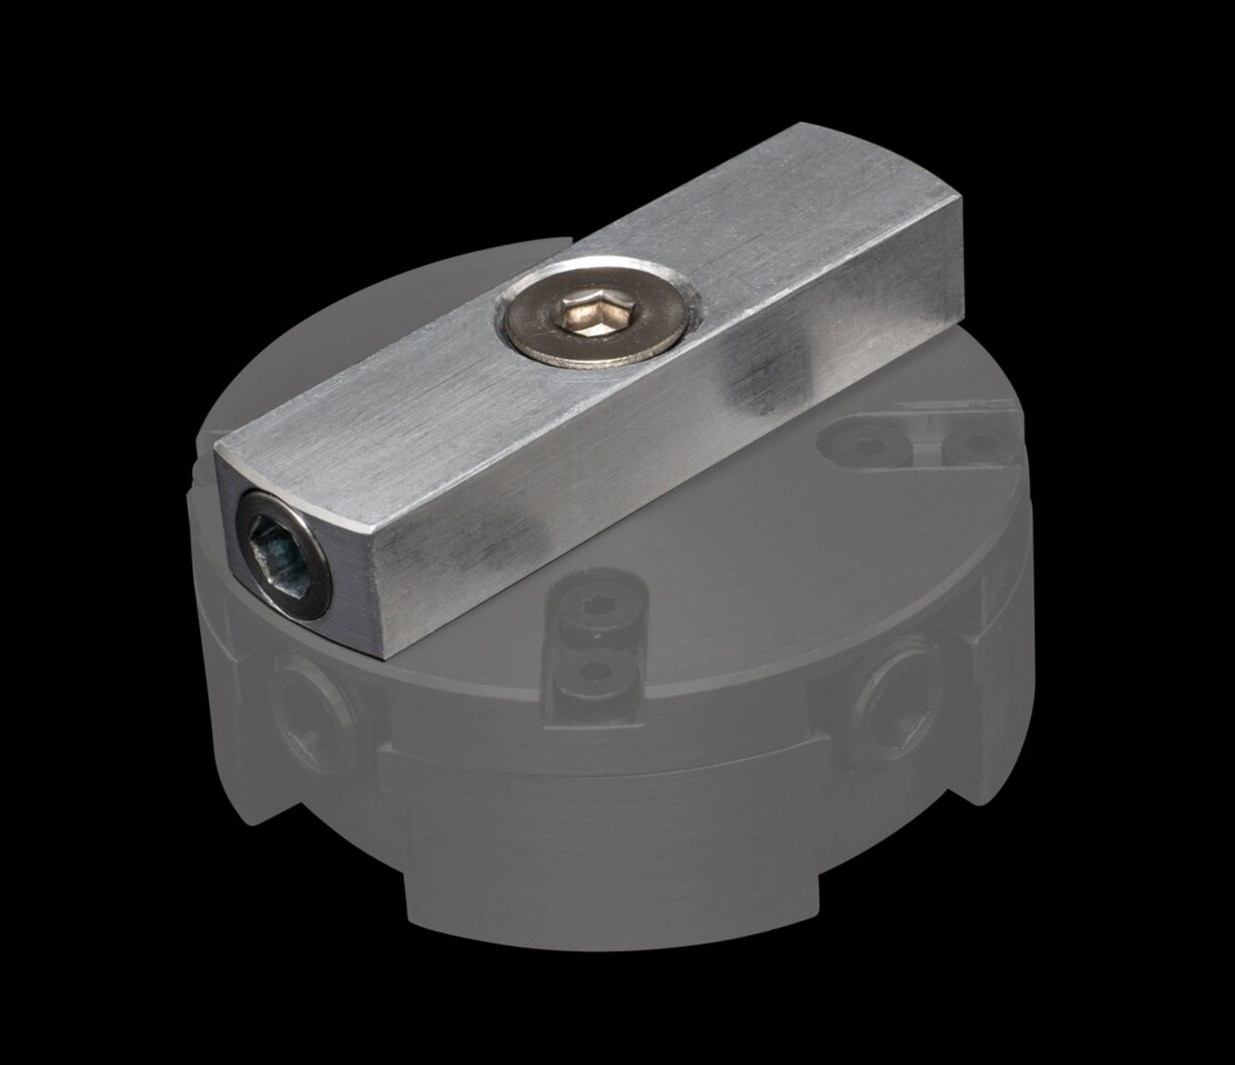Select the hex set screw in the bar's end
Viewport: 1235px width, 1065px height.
(x=279, y=555)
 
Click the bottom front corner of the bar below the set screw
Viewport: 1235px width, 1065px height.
(x=385, y=661)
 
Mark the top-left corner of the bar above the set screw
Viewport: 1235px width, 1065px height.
(x=215, y=449)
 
